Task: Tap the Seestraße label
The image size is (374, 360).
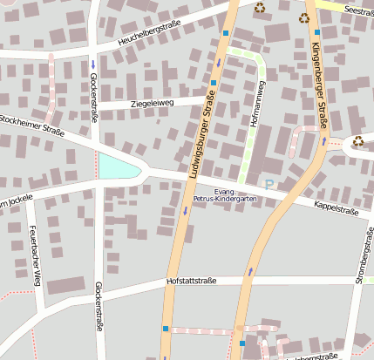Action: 358,10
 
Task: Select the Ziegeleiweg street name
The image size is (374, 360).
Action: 152,103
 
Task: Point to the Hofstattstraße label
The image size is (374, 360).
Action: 191,282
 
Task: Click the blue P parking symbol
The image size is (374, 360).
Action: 269,184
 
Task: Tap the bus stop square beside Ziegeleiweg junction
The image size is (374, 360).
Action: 213,83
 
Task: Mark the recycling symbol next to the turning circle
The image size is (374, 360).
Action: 358,140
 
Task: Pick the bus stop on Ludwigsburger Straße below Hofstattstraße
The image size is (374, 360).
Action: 165,329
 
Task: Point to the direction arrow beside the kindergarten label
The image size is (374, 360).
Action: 185,210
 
